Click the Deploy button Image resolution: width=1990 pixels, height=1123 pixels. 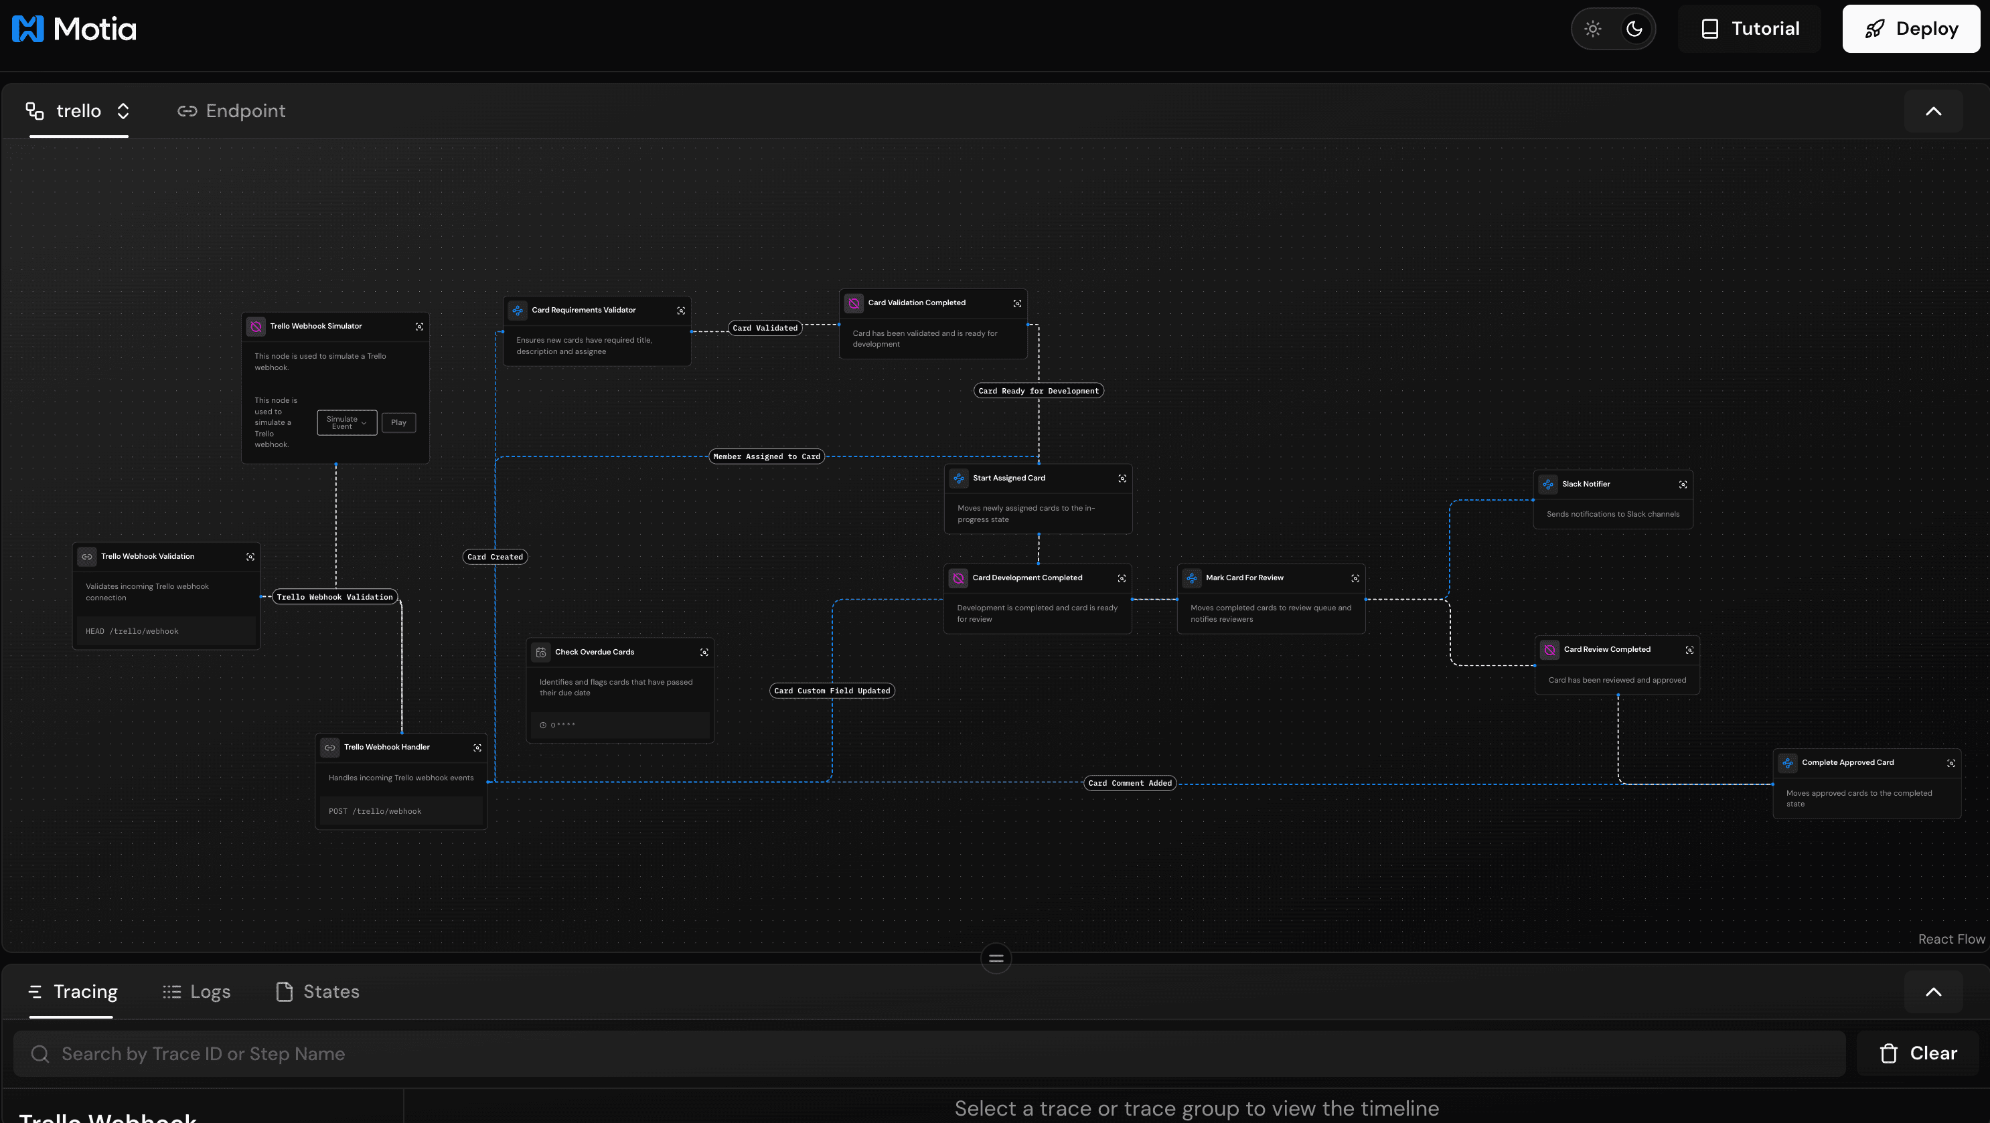1910,29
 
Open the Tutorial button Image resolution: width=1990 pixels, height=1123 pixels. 1749,29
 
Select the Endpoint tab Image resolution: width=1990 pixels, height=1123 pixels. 232,111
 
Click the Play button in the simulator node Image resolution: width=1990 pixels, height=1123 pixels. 398,422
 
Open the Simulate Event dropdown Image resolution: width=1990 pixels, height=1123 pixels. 347,422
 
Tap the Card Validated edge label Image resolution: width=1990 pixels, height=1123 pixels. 765,328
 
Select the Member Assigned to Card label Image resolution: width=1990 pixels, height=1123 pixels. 766,456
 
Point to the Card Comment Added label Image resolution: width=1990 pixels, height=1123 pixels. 1130,783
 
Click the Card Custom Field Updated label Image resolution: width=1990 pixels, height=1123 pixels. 832,691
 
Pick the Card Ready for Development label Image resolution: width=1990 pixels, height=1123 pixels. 1039,391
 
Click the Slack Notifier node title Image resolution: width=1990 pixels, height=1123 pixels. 1586,485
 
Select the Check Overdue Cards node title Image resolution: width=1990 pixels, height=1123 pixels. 594,652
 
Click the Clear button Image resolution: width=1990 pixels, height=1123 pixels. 1918,1053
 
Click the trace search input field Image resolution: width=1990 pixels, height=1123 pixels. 927,1053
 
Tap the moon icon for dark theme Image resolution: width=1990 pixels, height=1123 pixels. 1634,29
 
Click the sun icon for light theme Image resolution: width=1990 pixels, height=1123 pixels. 1593,29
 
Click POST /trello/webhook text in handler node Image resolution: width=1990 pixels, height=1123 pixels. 375,811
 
